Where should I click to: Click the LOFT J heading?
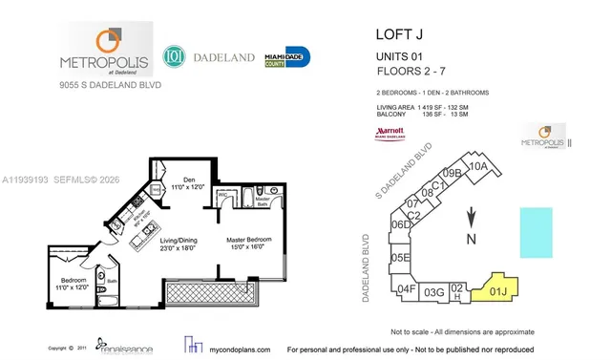[x=393, y=36]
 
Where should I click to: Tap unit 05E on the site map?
[x=400, y=258]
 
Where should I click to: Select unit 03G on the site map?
[x=433, y=292]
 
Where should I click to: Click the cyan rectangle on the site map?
[x=535, y=231]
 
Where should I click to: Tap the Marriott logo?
[x=391, y=131]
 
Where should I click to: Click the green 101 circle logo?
[x=173, y=56]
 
